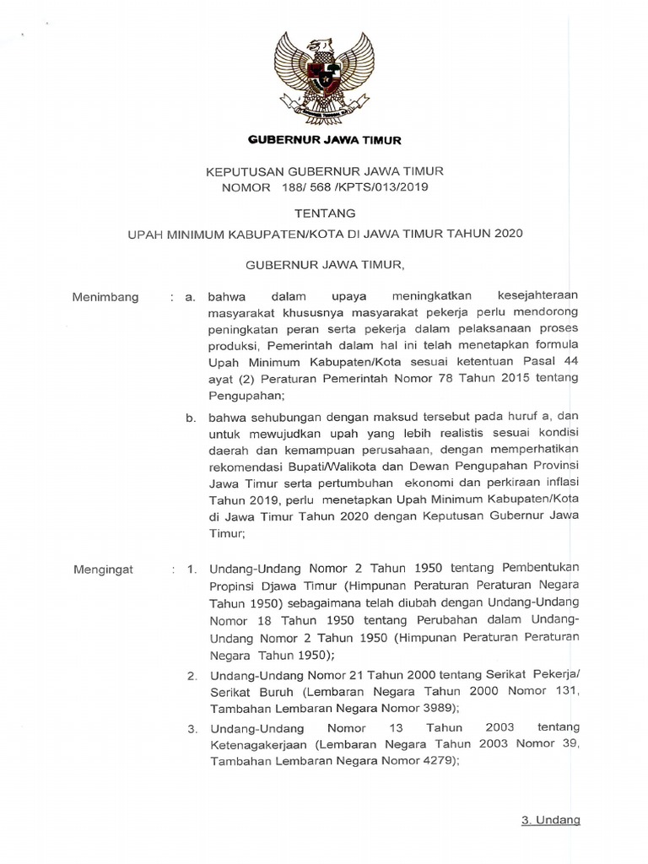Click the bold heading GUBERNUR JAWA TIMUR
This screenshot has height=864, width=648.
pyautogui.click(x=324, y=140)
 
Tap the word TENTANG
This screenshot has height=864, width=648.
pyautogui.click(x=324, y=213)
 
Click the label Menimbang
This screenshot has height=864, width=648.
pyautogui.click(x=105, y=297)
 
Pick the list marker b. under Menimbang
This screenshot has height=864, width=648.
pyautogui.click(x=192, y=415)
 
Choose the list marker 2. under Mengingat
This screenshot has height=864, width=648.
pyautogui.click(x=192, y=676)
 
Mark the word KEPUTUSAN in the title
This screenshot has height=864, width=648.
pyautogui.click(x=243, y=171)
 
